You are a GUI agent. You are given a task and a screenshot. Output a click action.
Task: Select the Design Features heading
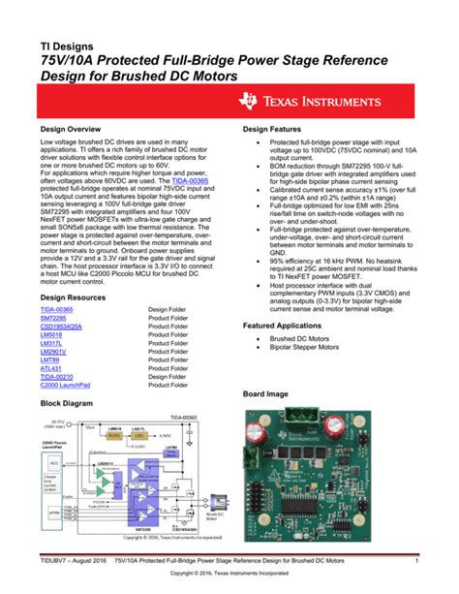(277, 129)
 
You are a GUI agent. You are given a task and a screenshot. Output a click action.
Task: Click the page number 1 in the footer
(414, 561)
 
